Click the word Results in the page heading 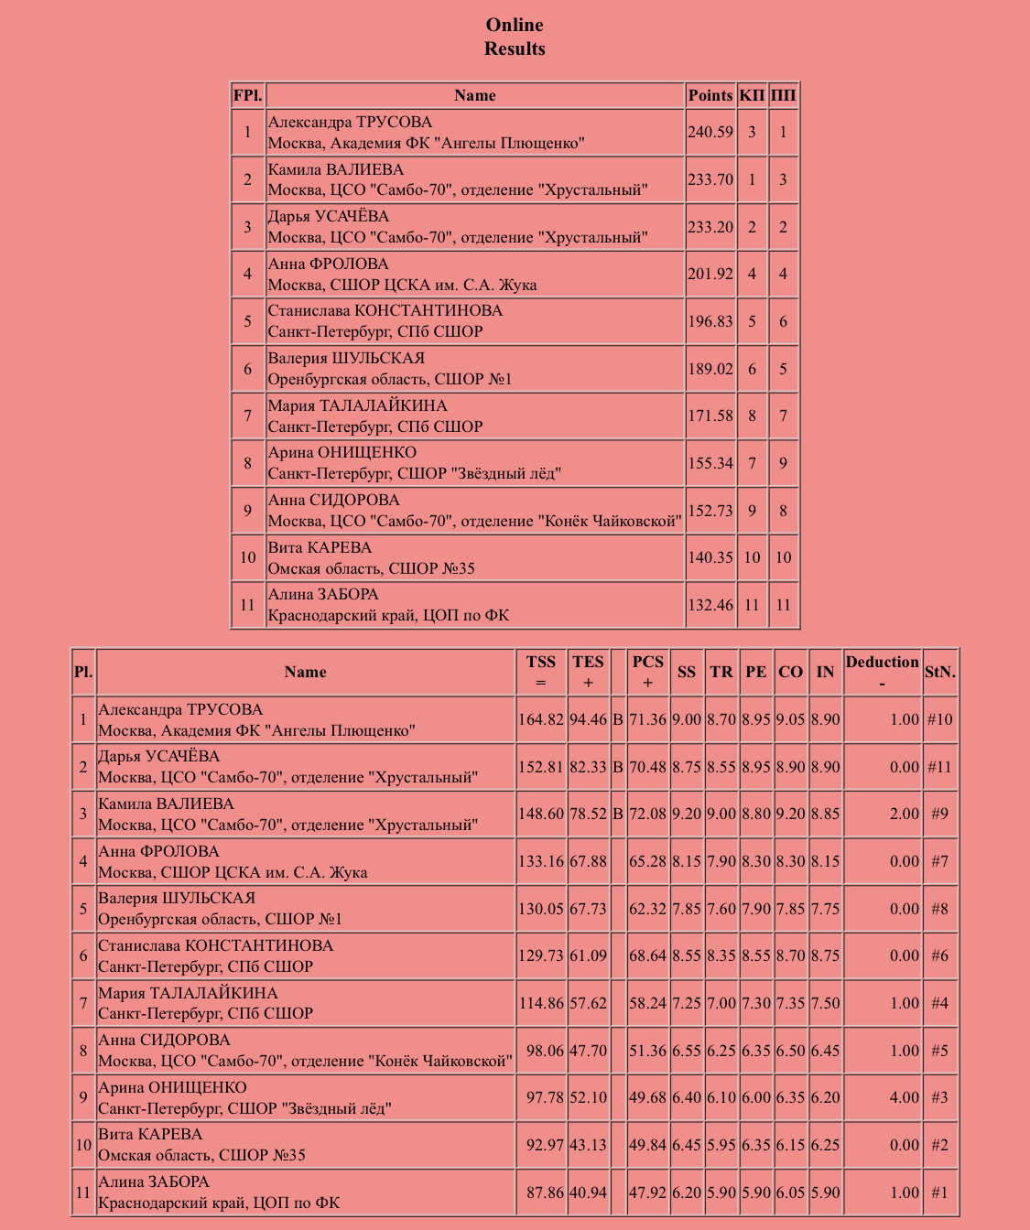[515, 49]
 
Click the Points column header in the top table [710, 95]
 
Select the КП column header [752, 95]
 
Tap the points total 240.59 [710, 132]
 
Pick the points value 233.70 [710, 179]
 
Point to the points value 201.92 [710, 274]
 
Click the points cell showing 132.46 [710, 605]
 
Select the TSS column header [541, 671]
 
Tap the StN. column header [939, 672]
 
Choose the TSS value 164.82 [541, 719]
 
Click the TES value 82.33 [589, 767]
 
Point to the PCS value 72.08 [648, 814]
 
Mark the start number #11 [939, 767]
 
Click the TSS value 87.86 [541, 1192]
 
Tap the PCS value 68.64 [648, 955]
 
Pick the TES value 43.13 [589, 1145]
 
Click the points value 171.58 [710, 415]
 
